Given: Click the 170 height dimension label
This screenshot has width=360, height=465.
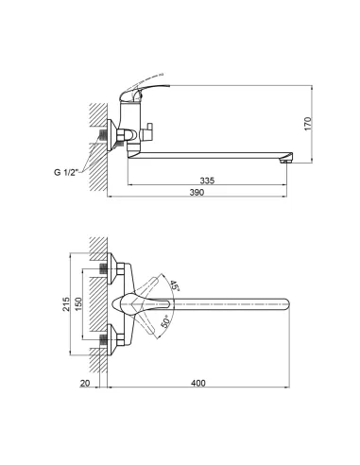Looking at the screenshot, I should point(322,123).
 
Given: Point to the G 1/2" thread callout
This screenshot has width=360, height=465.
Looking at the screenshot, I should point(69,171).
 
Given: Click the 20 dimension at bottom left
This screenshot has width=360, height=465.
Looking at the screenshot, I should point(86,383).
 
